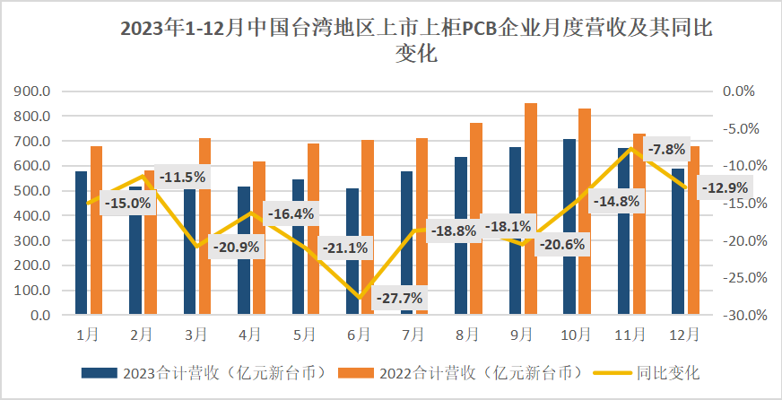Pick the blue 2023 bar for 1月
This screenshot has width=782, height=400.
click(82, 242)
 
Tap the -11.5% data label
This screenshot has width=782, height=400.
click(182, 177)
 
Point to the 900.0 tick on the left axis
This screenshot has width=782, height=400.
click(32, 91)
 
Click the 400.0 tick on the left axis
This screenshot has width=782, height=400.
click(32, 216)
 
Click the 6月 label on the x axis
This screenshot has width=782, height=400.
click(359, 335)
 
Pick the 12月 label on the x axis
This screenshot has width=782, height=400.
click(685, 335)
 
